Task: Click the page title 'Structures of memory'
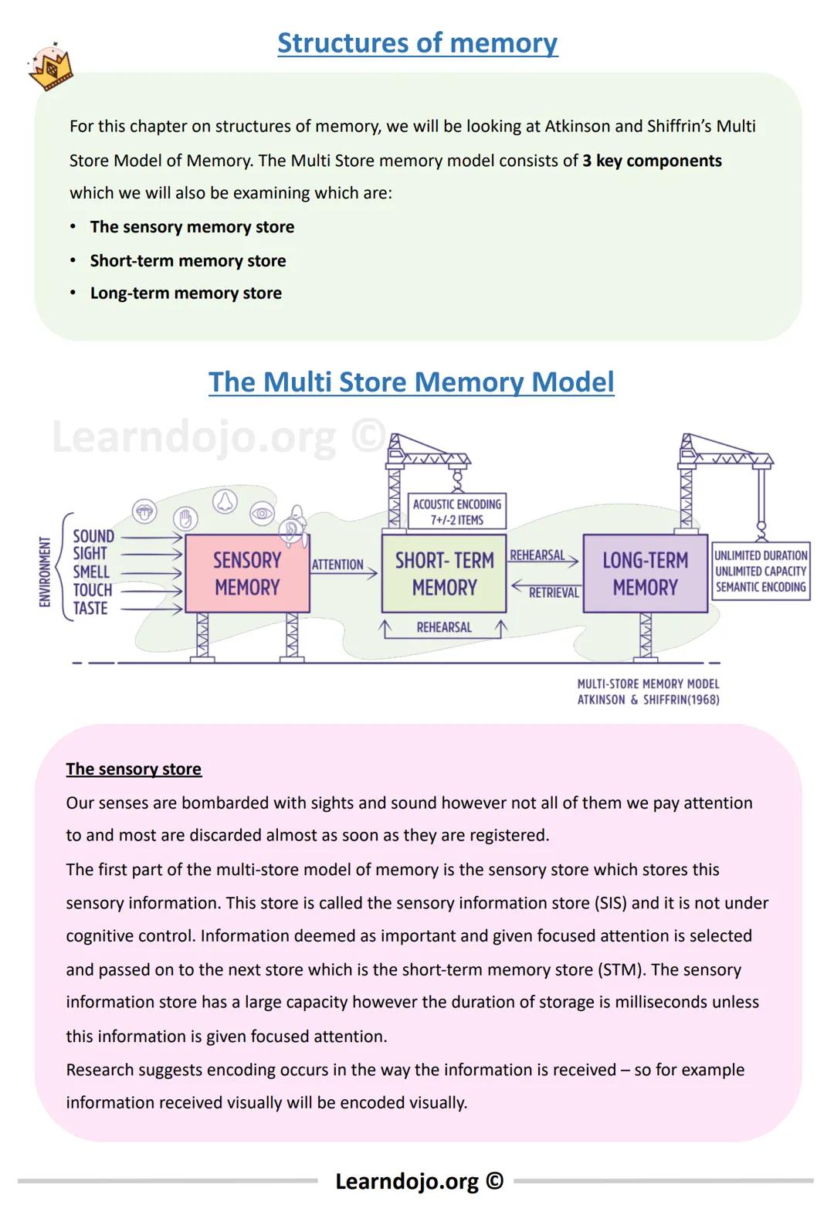pyautogui.click(x=417, y=43)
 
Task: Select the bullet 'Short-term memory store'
pyautogui.click(x=188, y=261)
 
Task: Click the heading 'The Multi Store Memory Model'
pyautogui.click(x=411, y=382)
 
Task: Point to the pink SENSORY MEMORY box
pyautogui.click(x=247, y=573)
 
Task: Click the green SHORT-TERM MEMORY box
pyautogui.click(x=444, y=573)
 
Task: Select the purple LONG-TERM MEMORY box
pyautogui.click(x=645, y=573)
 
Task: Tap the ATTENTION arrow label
pyautogui.click(x=337, y=565)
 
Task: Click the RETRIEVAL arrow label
pyautogui.click(x=553, y=592)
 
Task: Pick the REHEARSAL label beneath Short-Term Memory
pyautogui.click(x=444, y=627)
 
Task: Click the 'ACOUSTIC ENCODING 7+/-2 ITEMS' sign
pyautogui.click(x=456, y=511)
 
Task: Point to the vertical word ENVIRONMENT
pyautogui.click(x=45, y=572)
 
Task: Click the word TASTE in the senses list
pyautogui.click(x=90, y=609)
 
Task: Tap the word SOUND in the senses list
pyautogui.click(x=93, y=536)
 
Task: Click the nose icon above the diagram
pyautogui.click(x=225, y=501)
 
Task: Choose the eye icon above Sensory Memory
pyautogui.click(x=263, y=513)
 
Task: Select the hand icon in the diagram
pyautogui.click(x=185, y=518)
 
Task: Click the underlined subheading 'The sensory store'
pyautogui.click(x=134, y=769)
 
